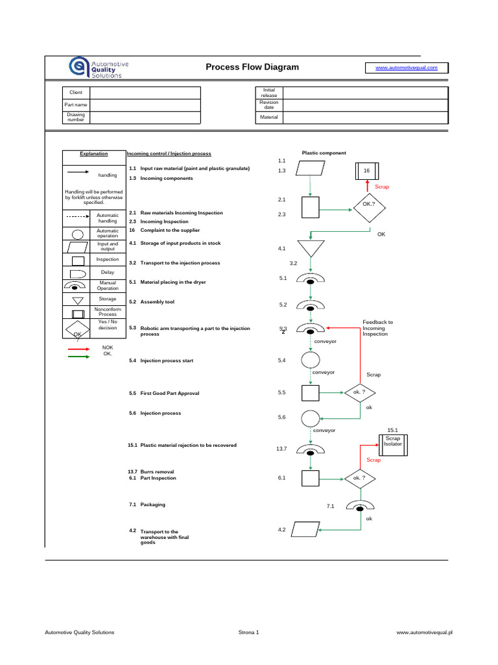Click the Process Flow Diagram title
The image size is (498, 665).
pos(252,67)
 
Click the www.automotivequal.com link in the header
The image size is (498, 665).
pos(407,68)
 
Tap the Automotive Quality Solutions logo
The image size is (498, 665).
pos(99,68)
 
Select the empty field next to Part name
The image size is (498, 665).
pos(146,105)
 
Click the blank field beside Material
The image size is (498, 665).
pos(365,118)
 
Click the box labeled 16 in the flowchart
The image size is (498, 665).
pos(366,170)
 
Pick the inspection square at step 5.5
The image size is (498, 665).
pos(311,393)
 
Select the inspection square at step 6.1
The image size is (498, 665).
pos(311,479)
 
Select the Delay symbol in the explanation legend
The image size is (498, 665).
pos(78,273)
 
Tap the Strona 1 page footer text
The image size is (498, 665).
pos(249,632)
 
